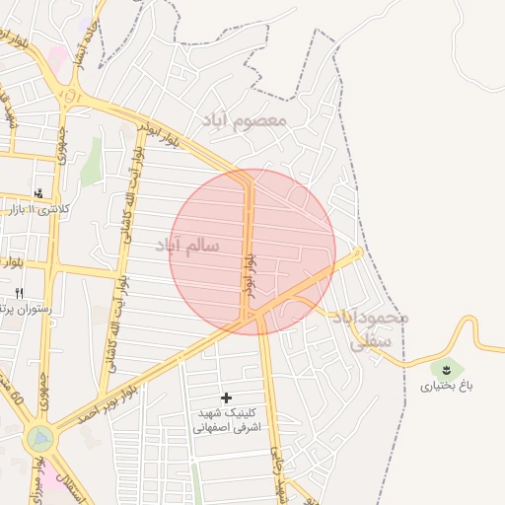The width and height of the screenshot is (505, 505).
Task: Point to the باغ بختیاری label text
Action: (447, 386)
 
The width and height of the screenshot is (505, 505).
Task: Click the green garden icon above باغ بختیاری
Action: (447, 370)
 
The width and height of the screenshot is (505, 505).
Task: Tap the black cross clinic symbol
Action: (227, 397)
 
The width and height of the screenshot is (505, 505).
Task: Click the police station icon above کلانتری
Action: (38, 192)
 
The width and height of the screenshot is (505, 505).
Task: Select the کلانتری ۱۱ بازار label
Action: (39, 209)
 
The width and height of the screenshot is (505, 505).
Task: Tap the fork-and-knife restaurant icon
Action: (19, 293)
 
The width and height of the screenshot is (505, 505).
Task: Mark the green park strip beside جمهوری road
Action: (92, 163)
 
